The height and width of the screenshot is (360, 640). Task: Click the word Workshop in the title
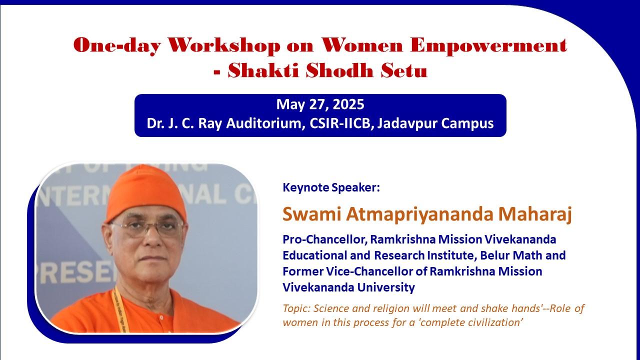(223, 45)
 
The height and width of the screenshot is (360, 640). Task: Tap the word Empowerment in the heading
(488, 45)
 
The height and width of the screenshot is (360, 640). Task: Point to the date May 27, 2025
(320, 104)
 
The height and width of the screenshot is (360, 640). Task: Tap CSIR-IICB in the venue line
(340, 123)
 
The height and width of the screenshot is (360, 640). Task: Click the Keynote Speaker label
(331, 187)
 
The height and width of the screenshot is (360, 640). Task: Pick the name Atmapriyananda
(419, 214)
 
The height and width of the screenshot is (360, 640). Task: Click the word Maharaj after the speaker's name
(535, 214)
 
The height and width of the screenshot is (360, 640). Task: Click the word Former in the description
(302, 271)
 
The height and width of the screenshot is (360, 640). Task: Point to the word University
(386, 287)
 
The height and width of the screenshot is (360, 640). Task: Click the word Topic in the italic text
(296, 308)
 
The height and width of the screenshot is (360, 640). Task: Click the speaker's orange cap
(145, 193)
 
